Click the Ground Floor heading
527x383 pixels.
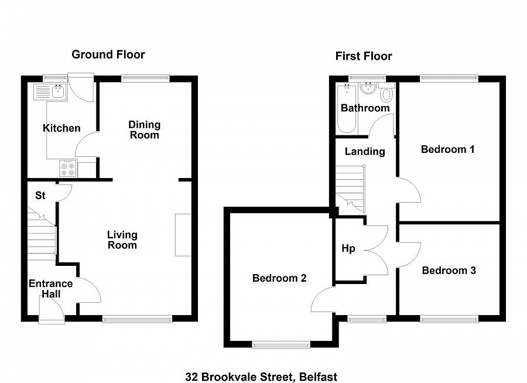[108, 54]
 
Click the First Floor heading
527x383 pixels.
[363, 56]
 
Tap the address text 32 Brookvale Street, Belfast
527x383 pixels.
[261, 377]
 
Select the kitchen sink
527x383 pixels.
[51, 91]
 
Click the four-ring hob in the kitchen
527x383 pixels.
[68, 168]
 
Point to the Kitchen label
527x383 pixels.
[61, 128]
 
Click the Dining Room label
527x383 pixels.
[144, 130]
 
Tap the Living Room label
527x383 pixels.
[122, 240]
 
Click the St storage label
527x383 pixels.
[40, 196]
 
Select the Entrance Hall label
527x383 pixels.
[51, 289]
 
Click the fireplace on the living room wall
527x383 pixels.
[183, 235]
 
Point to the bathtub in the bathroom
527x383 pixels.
[346, 108]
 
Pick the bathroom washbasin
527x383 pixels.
[368, 89]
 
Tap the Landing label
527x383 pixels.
[364, 151]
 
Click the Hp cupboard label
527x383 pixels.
[348, 248]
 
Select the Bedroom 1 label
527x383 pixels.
[447, 149]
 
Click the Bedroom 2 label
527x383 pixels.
[279, 278]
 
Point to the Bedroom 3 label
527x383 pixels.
[449, 271]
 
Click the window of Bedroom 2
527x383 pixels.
[281, 346]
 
